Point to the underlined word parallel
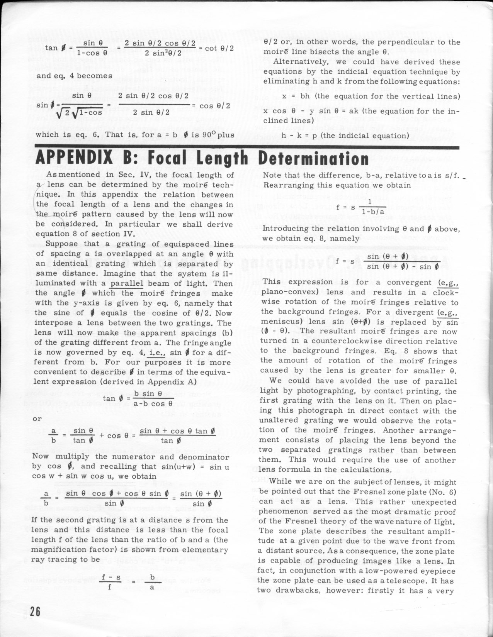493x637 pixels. [126, 283]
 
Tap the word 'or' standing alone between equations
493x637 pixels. [37, 418]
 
